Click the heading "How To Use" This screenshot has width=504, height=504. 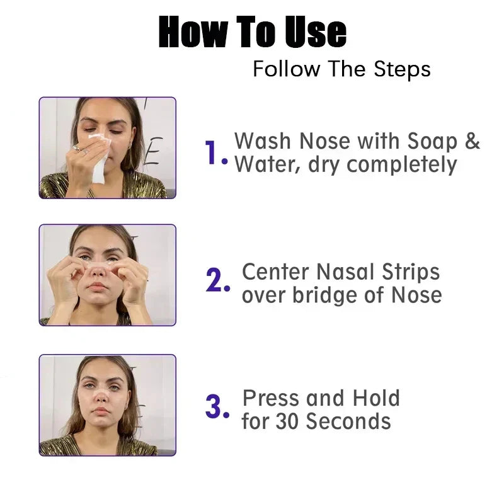point(252,33)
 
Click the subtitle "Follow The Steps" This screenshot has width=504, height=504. point(341,69)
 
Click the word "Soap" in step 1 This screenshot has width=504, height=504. point(433,140)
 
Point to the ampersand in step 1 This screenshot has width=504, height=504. point(472,140)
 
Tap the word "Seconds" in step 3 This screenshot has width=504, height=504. point(348,421)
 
